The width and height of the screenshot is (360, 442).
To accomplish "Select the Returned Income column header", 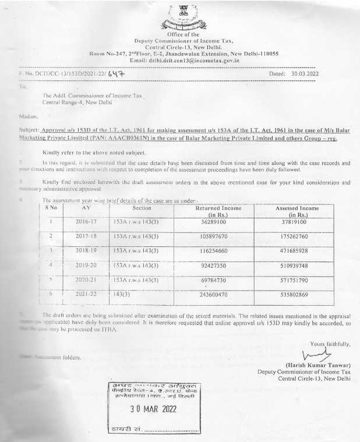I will [220, 211].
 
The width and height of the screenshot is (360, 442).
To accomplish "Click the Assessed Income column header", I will [297, 211].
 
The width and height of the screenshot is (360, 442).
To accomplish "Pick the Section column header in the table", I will [142, 208].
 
